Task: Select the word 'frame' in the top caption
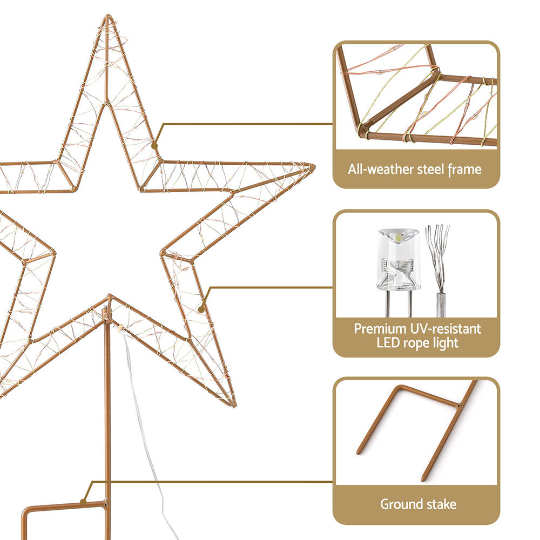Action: pos(465,170)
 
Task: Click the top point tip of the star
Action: pos(107,18)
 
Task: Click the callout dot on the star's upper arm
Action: pos(154,145)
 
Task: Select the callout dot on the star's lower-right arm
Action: pos(201,309)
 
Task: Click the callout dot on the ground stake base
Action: pos(83,501)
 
